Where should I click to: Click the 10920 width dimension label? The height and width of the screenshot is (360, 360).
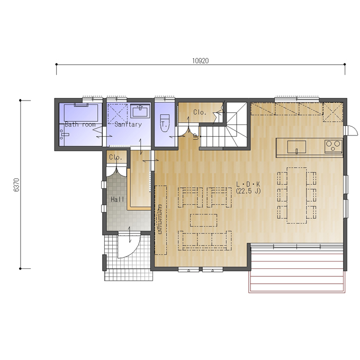(201, 61)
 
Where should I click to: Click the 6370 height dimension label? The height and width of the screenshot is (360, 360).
(16, 185)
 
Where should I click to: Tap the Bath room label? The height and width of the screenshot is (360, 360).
(80, 124)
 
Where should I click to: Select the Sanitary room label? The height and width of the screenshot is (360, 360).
(128, 124)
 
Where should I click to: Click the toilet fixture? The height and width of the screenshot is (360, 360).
(165, 123)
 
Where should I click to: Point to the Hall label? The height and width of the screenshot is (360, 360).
(118, 199)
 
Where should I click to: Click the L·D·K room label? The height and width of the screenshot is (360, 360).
(248, 184)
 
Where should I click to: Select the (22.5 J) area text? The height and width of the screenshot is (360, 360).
(248, 191)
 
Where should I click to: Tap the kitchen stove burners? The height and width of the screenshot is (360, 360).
(333, 146)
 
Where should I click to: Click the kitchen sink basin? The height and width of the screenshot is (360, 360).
(296, 147)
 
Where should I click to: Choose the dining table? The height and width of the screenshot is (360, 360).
(296, 195)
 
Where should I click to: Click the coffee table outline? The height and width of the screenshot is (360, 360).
(203, 220)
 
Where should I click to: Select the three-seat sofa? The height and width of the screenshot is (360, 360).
(205, 240)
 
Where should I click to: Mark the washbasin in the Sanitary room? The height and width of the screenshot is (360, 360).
(140, 111)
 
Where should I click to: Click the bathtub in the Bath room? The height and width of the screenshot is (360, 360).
(81, 113)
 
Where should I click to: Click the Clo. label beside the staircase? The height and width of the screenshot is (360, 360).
(200, 112)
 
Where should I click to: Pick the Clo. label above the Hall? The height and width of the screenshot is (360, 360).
(115, 157)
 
